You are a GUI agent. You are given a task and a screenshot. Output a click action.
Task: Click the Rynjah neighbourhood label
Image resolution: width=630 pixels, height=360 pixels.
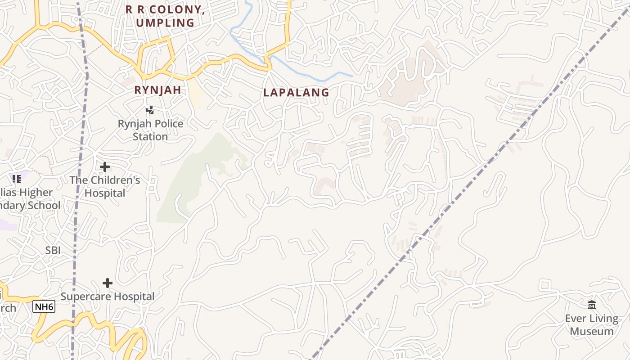coord(157,90)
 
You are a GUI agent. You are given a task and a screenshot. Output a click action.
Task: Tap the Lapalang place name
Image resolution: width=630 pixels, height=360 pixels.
coord(296,93)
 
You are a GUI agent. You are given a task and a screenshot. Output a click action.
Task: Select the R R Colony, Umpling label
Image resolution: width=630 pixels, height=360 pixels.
coord(165,16)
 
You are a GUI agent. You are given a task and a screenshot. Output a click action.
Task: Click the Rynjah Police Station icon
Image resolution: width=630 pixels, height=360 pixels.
coord(150,110)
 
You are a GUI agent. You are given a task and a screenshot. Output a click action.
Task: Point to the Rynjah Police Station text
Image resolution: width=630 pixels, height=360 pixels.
coord(150,130)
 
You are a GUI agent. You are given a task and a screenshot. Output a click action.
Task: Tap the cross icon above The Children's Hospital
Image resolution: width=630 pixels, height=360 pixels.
coord(105,167)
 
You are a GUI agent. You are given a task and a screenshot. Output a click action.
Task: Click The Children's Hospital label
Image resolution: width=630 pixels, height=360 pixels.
coord(105,187)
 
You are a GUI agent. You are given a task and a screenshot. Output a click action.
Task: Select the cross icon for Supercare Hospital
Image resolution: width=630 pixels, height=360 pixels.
coord(108,283)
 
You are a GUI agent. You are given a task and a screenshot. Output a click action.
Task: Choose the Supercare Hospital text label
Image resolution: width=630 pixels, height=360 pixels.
coord(108,297)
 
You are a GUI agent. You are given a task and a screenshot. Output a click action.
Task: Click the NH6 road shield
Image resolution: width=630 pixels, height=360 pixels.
coord(44,307)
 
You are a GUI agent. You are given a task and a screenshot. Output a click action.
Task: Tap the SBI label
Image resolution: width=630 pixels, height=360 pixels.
coord(53,251)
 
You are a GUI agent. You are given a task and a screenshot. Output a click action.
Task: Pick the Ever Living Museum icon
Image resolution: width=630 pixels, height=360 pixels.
coord(592,305)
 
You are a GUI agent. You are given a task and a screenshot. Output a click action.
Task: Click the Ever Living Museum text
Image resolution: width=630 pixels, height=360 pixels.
coord(592,325)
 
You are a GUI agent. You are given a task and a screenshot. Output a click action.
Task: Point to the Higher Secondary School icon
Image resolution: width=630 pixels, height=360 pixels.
coord(17,179)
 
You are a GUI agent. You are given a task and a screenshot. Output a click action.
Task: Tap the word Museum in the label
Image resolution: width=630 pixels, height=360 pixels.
coord(592,332)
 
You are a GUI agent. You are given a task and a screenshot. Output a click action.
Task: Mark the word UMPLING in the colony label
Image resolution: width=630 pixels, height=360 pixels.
coord(165,22)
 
